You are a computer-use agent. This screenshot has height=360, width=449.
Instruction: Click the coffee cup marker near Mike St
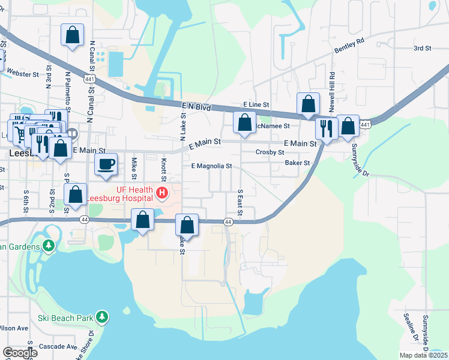pos(107,164)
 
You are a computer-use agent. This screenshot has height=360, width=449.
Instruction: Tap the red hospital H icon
pos(161,193)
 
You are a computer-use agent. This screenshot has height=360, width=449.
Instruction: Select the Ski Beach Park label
pos(65,317)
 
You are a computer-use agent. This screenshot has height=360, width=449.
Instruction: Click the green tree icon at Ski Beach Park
pos(103,316)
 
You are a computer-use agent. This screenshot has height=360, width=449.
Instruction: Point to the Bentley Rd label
pos(351,44)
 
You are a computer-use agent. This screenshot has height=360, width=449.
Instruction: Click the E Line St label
pos(256,104)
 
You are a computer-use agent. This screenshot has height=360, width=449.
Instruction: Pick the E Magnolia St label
pos(211,166)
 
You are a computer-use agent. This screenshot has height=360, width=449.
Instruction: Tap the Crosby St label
pos(270,152)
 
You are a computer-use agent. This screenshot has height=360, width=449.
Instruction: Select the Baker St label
pos(298,163)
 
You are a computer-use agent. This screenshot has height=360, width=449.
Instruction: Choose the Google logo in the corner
pos(19,353)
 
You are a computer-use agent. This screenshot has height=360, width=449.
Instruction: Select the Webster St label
pos(23,74)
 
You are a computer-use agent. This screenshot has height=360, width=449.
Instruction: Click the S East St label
pos(240,202)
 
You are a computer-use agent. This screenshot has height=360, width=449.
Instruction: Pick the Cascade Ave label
pos(58,347)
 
